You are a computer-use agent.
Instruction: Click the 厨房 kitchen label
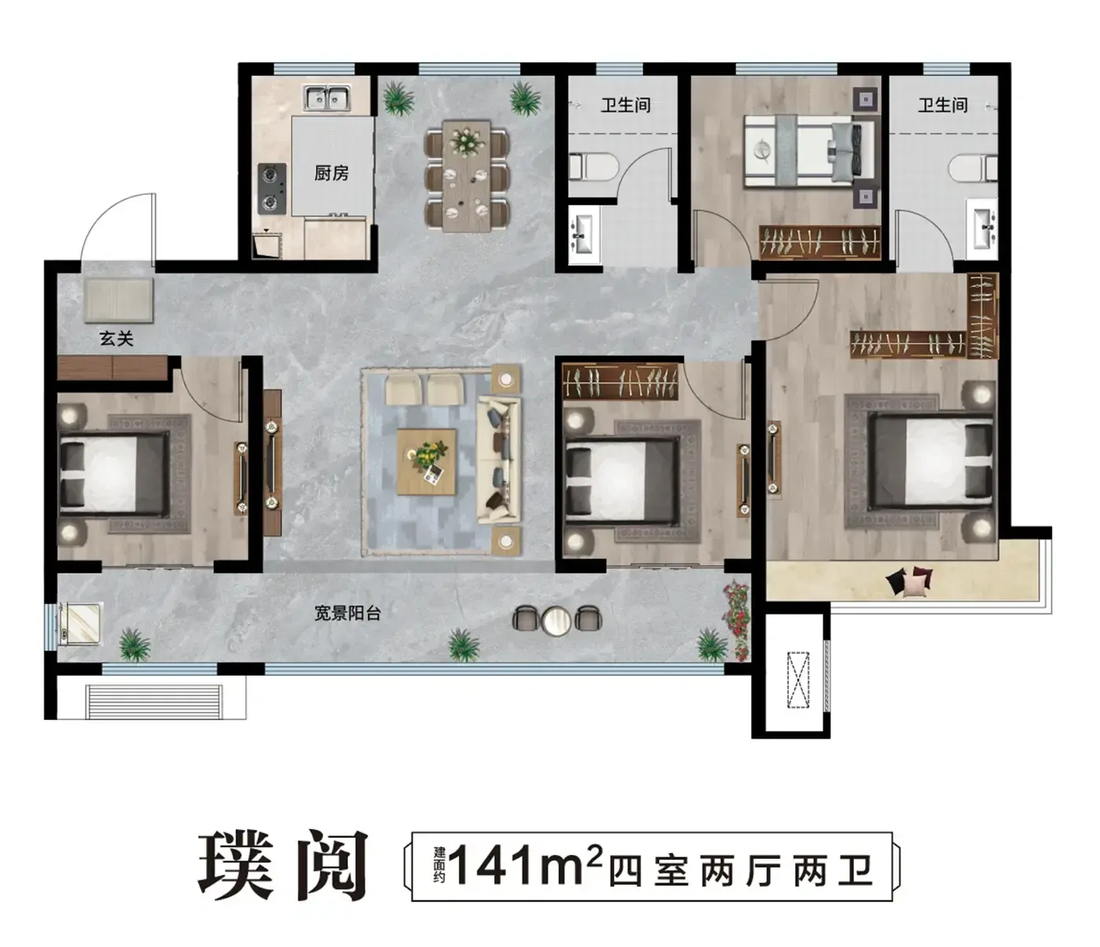331,172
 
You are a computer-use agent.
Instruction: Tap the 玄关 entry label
116,338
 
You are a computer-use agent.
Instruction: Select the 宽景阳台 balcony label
347,613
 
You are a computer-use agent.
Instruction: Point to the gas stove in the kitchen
272,189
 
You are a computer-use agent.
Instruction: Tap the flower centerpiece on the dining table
467,141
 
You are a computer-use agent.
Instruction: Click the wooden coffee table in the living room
427,461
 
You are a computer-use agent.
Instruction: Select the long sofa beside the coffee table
498,459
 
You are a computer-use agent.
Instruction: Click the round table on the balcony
556,620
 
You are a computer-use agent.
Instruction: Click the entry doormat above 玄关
119,299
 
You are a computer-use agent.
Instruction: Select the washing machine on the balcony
80,623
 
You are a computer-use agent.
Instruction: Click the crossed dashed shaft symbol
797,679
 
